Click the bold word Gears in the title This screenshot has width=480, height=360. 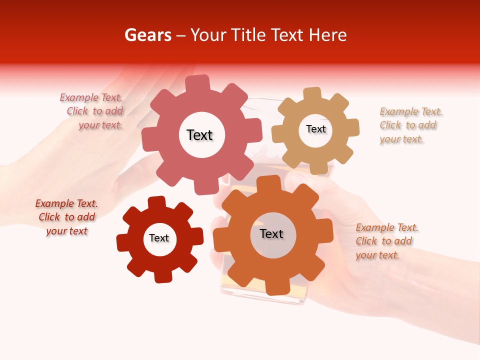click(147, 35)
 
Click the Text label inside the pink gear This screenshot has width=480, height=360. click(199, 135)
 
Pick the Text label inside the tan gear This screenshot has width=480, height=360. click(315, 129)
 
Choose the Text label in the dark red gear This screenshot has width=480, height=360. click(159, 238)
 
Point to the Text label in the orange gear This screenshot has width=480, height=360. click(271, 233)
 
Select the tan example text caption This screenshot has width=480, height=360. click(410, 125)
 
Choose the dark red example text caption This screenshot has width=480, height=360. click(66, 217)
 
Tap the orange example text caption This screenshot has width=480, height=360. click(386, 241)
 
